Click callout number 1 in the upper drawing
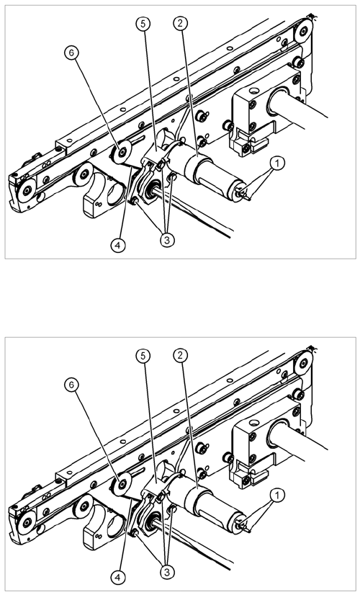pos(277,164)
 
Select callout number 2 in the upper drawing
pos(180,24)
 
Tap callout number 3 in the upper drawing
pos(167,241)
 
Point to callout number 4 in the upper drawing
pos(118,246)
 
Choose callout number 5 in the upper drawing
pos(143,24)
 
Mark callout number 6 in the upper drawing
pos(71,53)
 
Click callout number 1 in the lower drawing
pos(277,495)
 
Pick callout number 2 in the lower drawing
pos(180,355)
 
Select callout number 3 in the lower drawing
pos(167,572)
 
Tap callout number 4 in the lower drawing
pos(118,578)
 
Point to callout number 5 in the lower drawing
pos(143,356)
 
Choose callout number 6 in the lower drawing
pos(71,385)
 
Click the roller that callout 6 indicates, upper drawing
pos(121,153)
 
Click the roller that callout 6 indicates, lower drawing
pos(121,484)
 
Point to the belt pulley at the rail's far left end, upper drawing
pos(27,190)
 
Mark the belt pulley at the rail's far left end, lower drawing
pos(27,522)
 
